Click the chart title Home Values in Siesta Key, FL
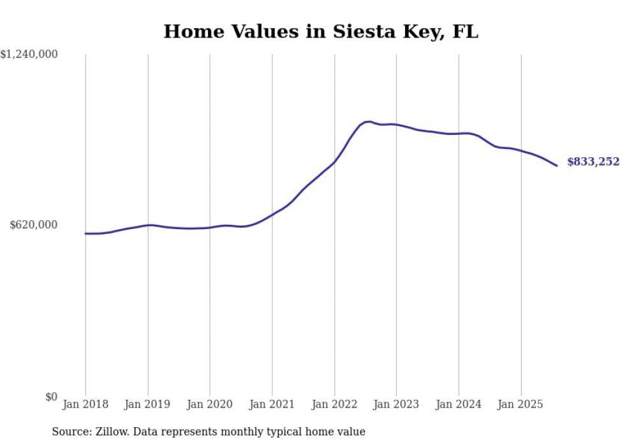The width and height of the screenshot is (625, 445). [x=321, y=31]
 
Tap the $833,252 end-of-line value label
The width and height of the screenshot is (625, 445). [x=593, y=162]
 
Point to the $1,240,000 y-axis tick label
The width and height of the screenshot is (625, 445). [x=29, y=55]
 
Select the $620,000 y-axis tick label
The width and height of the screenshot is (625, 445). [x=34, y=225]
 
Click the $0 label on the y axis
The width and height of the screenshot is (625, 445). [x=51, y=397]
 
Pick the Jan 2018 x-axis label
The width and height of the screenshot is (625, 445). [x=85, y=404]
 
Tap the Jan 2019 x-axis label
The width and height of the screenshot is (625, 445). [x=148, y=404]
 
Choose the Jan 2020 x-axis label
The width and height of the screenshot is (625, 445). [x=210, y=404]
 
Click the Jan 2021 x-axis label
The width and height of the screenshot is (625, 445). [x=272, y=404]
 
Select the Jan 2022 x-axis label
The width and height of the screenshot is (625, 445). [x=334, y=404]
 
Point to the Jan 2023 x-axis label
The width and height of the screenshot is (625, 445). [x=396, y=404]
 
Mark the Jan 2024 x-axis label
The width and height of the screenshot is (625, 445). [x=459, y=404]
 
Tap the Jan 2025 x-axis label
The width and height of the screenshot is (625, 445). [x=521, y=404]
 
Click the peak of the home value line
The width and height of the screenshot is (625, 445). [x=368, y=121]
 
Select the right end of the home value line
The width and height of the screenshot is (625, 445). [x=557, y=166]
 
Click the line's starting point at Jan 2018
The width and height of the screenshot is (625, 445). [x=85, y=234]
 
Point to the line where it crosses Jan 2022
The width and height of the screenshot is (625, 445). [x=334, y=162]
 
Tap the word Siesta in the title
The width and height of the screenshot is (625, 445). [x=351, y=31]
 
